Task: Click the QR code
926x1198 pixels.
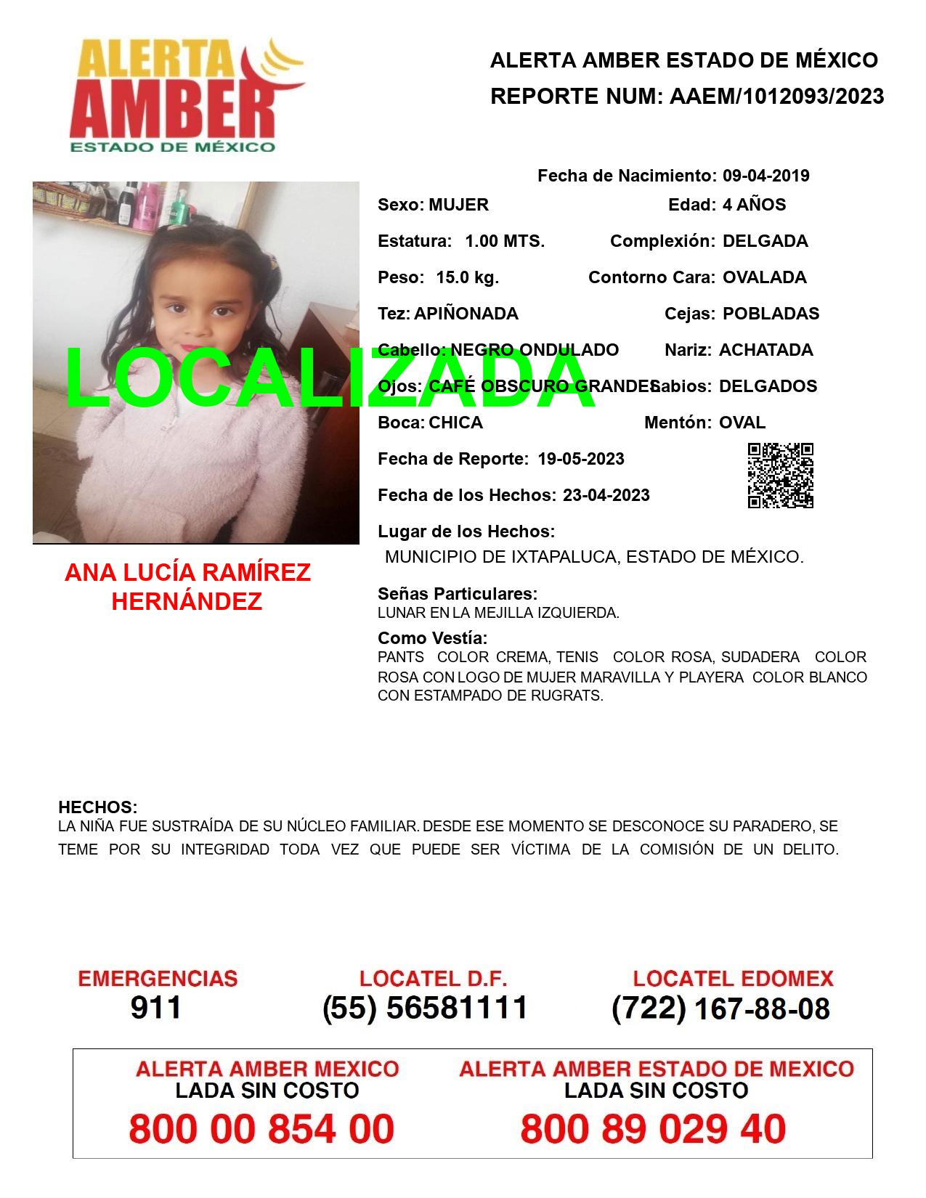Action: click(x=781, y=476)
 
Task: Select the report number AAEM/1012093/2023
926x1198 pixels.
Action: click(x=776, y=97)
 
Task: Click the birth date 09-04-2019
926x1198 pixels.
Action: click(x=765, y=176)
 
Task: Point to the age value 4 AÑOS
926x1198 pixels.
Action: click(x=754, y=205)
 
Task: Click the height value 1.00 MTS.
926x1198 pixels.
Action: click(x=505, y=241)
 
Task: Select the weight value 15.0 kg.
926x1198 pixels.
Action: click(x=467, y=277)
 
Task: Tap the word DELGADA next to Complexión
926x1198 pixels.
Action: click(x=765, y=241)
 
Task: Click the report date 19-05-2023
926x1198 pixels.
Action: click(x=581, y=459)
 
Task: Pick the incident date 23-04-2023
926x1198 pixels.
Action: click(x=606, y=495)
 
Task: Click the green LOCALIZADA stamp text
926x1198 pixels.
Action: click(x=330, y=379)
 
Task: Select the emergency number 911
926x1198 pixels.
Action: click(x=156, y=1008)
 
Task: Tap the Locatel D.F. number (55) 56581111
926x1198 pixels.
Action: click(x=425, y=1008)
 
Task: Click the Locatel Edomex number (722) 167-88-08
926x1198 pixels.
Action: click(x=720, y=1008)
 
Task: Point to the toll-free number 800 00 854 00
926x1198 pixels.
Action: click(x=261, y=1129)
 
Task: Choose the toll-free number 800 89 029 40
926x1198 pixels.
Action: click(x=653, y=1129)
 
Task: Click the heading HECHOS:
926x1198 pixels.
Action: click(x=97, y=807)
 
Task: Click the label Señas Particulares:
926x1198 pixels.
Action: click(x=458, y=594)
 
